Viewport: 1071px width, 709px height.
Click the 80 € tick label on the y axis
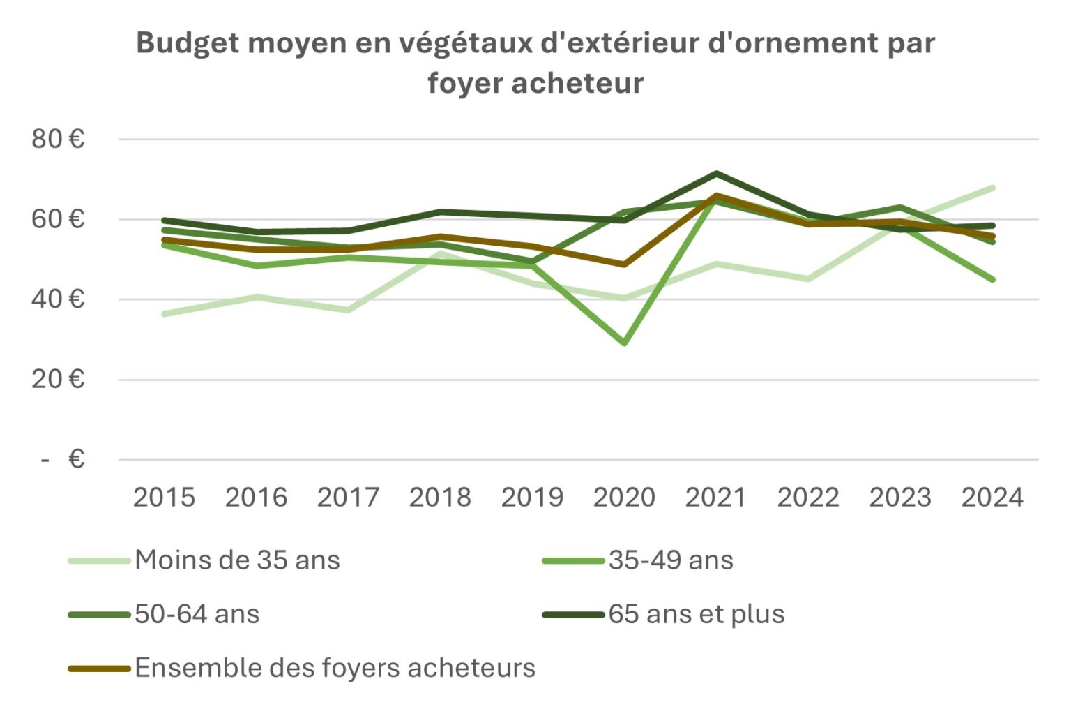point(57,139)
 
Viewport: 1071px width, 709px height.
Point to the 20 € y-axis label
point(57,379)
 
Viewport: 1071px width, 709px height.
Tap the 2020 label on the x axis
point(624,497)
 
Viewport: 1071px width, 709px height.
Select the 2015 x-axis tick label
point(164,497)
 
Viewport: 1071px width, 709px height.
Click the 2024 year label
point(992,497)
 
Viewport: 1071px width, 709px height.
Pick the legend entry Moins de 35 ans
point(237,560)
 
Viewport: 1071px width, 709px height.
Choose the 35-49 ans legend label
point(671,560)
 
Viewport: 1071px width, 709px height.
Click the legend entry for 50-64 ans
point(197,614)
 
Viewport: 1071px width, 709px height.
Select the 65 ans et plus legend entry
point(697,614)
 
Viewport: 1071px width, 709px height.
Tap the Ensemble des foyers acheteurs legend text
point(335,668)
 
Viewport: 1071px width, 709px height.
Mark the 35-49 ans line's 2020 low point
point(624,343)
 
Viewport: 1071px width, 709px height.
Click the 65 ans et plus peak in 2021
point(716,173)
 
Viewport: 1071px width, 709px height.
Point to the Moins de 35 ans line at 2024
point(992,188)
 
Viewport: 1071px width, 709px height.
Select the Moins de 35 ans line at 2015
point(164,314)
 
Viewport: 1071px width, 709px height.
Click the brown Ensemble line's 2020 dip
point(624,264)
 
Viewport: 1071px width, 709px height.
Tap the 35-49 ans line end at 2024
point(992,279)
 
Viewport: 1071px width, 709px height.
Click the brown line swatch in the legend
point(99,669)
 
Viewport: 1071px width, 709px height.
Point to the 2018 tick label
point(440,497)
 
